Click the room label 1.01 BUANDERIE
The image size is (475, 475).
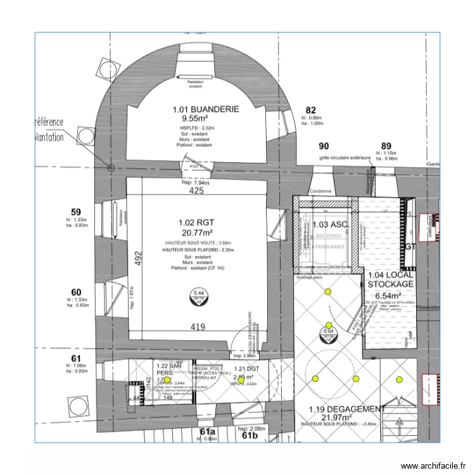tap(206, 109)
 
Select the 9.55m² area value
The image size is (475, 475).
tap(195, 118)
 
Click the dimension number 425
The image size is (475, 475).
tap(196, 191)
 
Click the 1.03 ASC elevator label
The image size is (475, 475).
tap(330, 225)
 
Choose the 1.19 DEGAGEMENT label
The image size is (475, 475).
tap(346, 409)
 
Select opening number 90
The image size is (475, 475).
tap(324, 146)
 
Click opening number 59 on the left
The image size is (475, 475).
tap(76, 212)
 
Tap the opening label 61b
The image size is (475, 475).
tap(249, 435)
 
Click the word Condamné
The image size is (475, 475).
tap(321, 191)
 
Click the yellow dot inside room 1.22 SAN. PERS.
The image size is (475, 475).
tap(167, 379)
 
